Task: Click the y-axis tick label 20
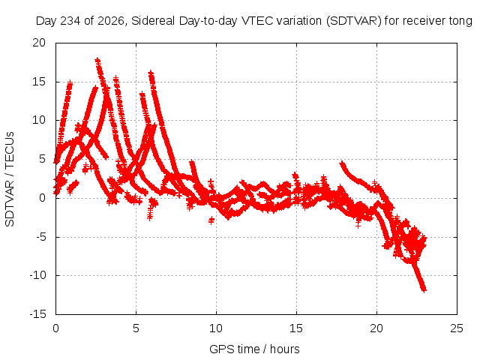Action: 39,43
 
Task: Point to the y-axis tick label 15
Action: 39,82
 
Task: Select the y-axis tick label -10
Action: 37,275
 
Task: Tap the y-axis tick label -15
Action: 37,314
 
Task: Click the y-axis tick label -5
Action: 40,237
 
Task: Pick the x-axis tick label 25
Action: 457,328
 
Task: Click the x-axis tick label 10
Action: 216,328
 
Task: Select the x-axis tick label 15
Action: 296,328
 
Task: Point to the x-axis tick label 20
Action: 376,328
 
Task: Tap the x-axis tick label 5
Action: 136,328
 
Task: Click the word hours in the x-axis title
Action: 285,349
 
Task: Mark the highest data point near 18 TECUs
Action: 97,60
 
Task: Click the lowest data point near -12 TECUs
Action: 424,289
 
